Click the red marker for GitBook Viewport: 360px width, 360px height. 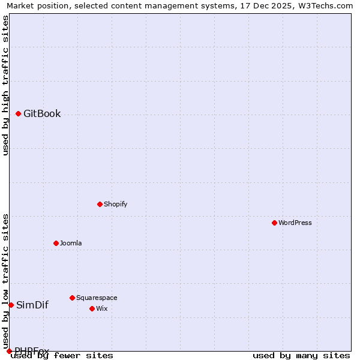point(18,113)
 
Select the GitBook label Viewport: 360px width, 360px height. point(42,114)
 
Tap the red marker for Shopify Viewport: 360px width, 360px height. point(100,204)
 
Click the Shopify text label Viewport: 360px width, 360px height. point(115,204)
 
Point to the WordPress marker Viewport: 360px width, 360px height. point(274,223)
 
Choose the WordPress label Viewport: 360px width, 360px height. point(295,223)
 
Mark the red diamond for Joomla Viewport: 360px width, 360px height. point(56,243)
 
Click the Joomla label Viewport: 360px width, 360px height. point(71,243)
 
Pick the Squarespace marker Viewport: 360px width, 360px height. point(72,298)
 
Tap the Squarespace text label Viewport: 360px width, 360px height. point(97,298)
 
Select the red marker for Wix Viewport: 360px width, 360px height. point(92,308)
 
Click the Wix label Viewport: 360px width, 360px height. point(101,308)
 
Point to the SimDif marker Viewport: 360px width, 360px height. point(11,305)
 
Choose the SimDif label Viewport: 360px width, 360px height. point(32,305)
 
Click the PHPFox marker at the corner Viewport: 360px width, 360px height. point(9,351)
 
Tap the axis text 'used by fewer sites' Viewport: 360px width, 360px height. point(62,355)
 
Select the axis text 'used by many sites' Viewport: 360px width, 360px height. point(301,355)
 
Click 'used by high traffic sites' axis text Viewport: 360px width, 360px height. point(5,85)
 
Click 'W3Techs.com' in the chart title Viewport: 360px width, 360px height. point(325,6)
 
